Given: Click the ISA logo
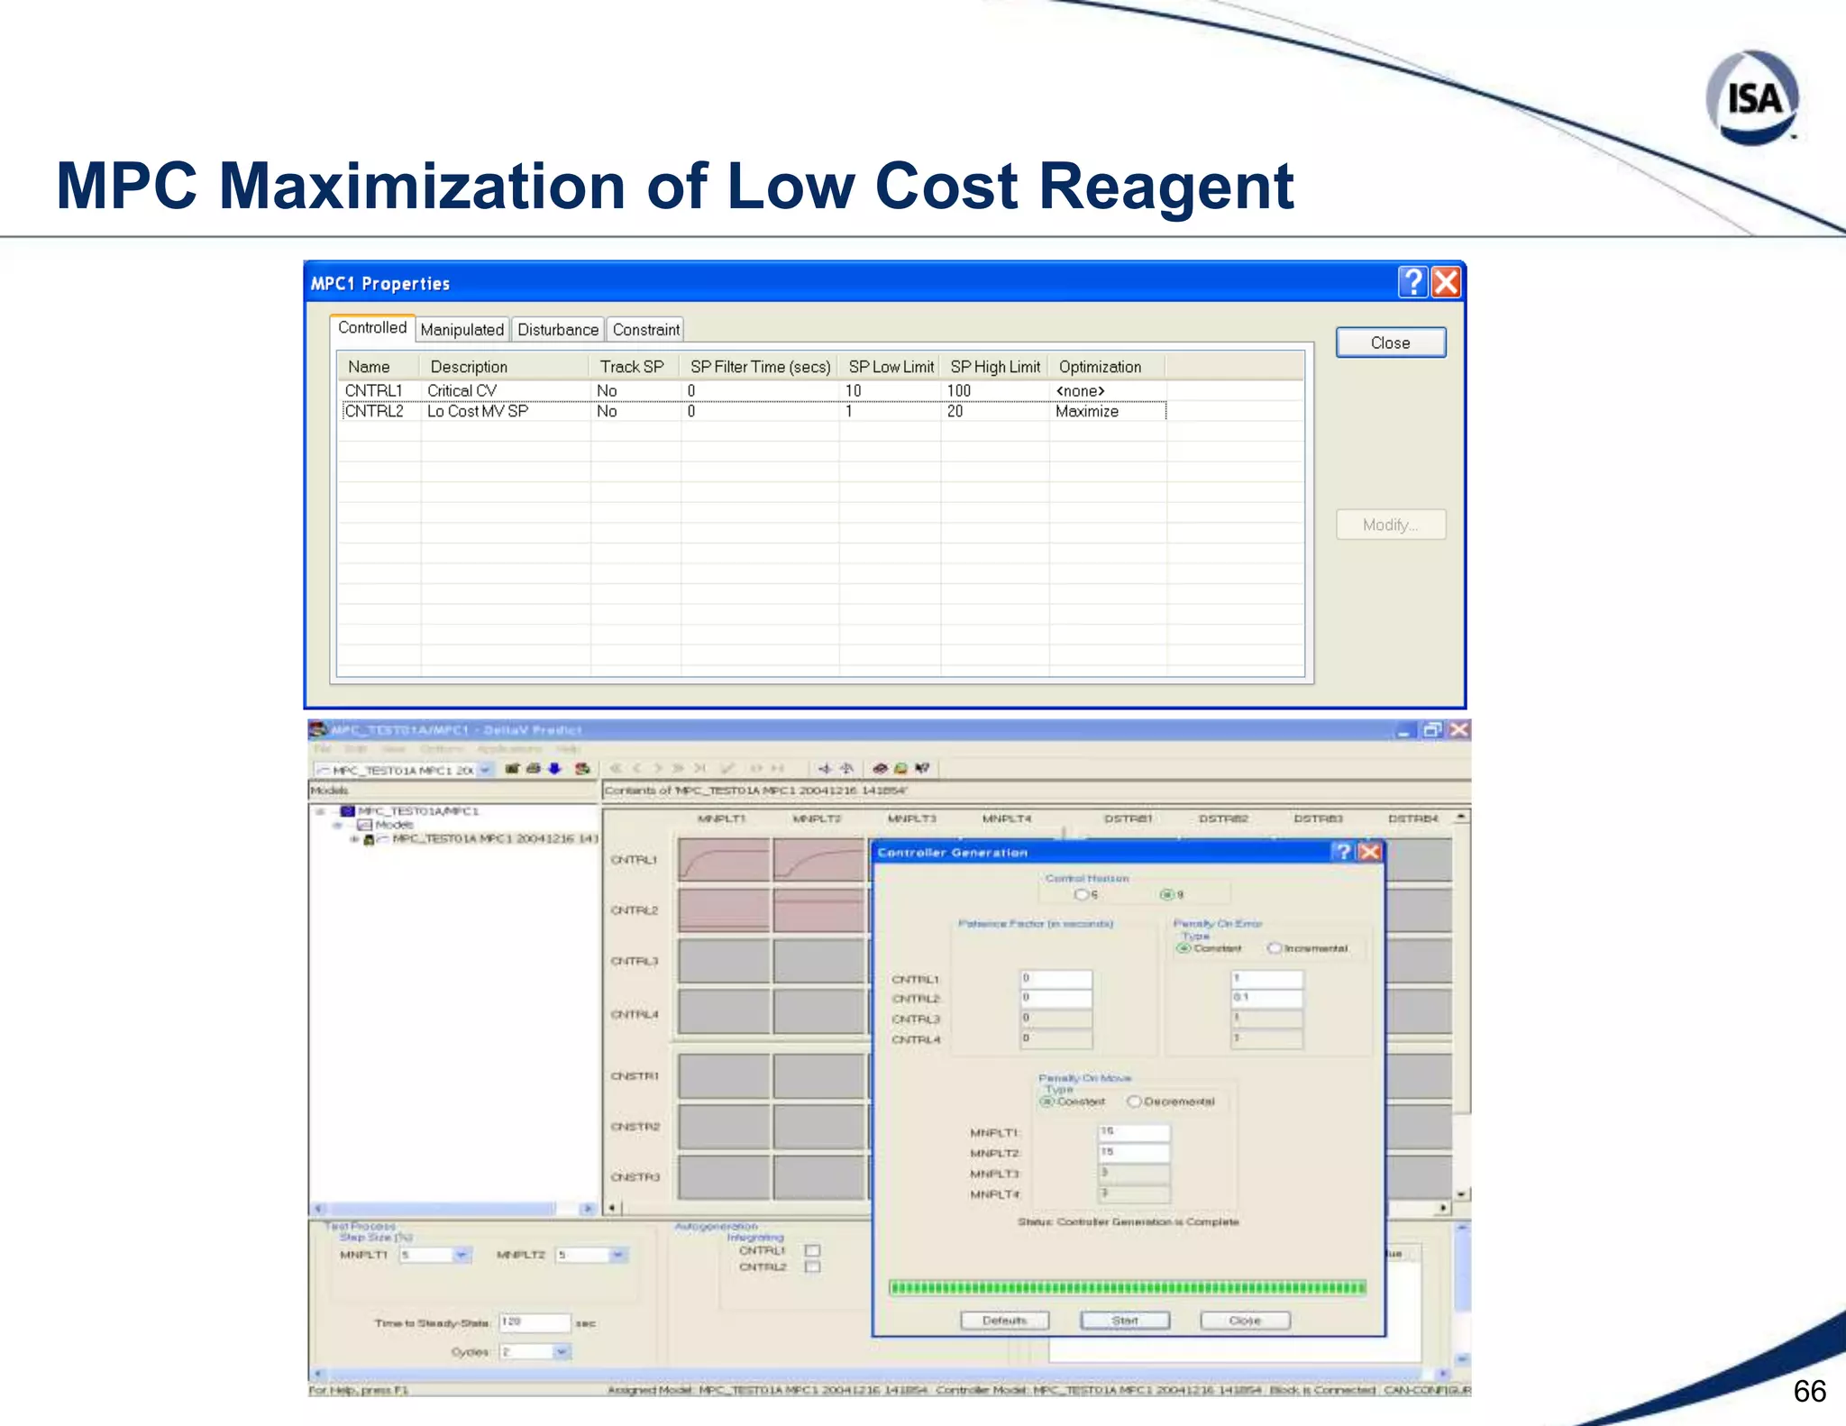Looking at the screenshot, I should (1752, 98).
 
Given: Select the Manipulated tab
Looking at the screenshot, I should (461, 330).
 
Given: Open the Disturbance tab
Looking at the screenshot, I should (557, 330).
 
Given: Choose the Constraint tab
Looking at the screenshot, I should (645, 330).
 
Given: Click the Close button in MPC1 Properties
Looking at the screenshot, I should (1390, 343).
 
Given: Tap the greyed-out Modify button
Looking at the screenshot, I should (1390, 526).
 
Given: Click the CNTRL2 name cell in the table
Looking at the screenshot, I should (374, 412).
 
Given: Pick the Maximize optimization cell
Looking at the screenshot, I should (1087, 412).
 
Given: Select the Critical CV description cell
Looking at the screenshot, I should (461, 391).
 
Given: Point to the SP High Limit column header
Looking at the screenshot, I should (995, 367).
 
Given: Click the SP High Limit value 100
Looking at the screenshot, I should (959, 391).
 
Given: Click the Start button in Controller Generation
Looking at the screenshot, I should (1125, 1321).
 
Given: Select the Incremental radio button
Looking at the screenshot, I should (1275, 948).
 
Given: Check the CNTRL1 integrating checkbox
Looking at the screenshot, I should (812, 1250).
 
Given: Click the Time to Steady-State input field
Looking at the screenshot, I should (535, 1322).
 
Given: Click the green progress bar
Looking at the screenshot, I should (1127, 1287).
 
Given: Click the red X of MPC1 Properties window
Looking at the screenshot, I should (1446, 283).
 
